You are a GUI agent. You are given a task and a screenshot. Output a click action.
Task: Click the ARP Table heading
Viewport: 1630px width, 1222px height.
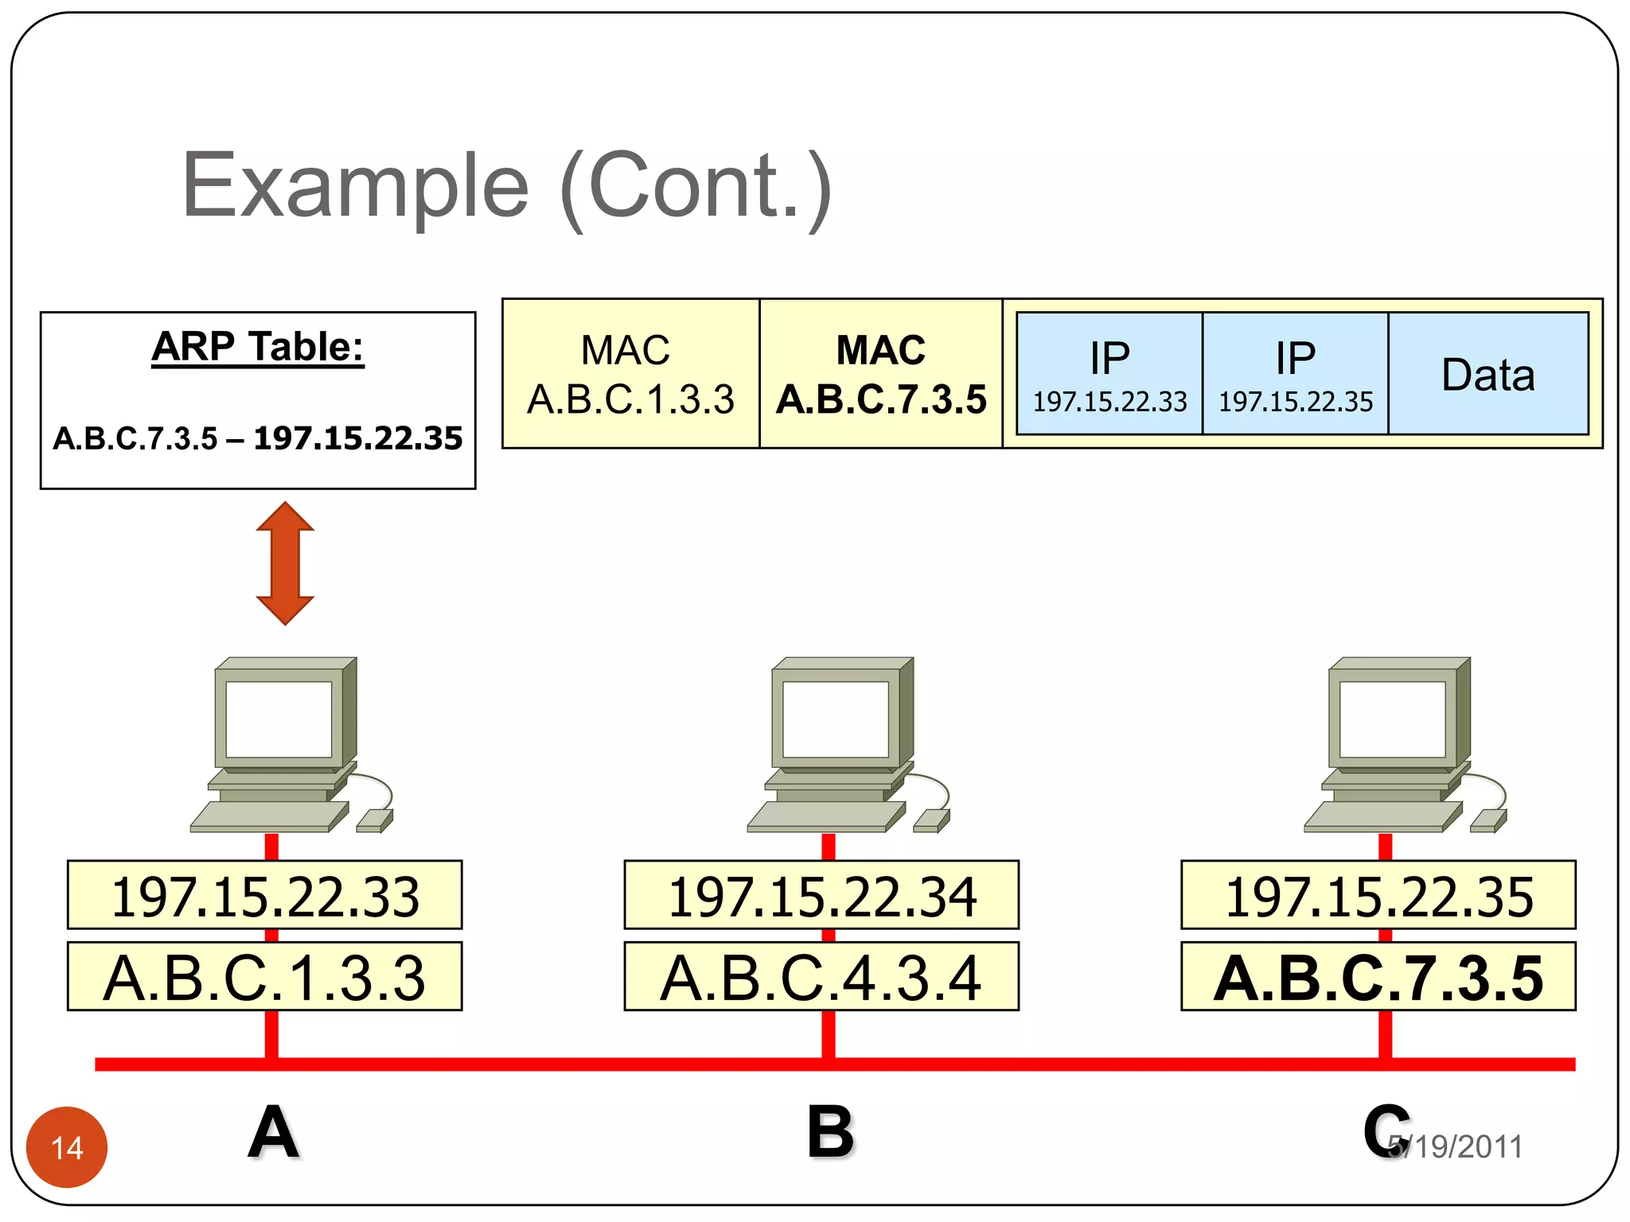pyautogui.click(x=257, y=348)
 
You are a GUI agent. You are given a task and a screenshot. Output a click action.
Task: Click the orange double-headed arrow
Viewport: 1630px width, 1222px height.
pyautogui.click(x=285, y=563)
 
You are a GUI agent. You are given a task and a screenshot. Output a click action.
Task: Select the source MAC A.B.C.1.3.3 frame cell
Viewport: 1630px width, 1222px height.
pyautogui.click(x=630, y=374)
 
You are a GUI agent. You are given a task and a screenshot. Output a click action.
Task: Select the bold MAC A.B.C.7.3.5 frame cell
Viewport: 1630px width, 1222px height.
pyautogui.click(x=881, y=374)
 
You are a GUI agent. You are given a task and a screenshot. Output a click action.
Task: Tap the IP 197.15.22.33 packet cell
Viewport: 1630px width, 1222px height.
pyautogui.click(x=1109, y=374)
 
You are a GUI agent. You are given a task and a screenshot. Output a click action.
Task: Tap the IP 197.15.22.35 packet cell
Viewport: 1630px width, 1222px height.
pyautogui.click(x=1296, y=374)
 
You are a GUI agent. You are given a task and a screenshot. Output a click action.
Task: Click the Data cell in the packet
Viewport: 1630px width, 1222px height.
pyautogui.click(x=1488, y=374)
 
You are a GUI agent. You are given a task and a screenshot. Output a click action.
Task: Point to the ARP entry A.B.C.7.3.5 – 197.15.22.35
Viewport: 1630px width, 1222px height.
pyautogui.click(x=257, y=438)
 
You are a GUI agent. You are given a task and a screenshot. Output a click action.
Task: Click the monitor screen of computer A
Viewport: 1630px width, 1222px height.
pyautogui.click(x=279, y=718)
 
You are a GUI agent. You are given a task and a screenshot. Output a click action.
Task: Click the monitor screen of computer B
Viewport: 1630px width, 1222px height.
pyautogui.click(x=836, y=718)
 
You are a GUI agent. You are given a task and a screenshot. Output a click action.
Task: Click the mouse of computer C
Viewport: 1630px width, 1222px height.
pyautogui.click(x=1487, y=821)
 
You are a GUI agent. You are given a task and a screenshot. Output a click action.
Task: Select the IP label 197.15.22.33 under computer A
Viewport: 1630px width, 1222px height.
pyautogui.click(x=265, y=896)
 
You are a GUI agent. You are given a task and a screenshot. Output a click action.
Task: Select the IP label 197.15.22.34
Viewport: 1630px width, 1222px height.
pyautogui.click(x=821, y=896)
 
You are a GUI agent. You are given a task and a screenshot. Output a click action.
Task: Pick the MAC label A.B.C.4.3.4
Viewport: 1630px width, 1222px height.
pyautogui.click(x=821, y=977)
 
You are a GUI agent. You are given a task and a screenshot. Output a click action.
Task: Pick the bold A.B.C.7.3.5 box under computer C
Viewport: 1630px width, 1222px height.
pyautogui.click(x=1378, y=977)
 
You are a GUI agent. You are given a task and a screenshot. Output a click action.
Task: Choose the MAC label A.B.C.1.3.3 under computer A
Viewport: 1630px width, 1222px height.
pyautogui.click(x=265, y=977)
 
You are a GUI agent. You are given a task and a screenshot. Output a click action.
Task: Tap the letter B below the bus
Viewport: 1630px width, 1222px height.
pyautogui.click(x=829, y=1132)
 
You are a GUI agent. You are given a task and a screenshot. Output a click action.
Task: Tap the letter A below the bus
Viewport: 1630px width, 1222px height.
pyautogui.click(x=273, y=1132)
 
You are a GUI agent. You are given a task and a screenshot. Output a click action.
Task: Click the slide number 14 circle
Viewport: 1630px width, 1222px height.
pyautogui.click(x=67, y=1147)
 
